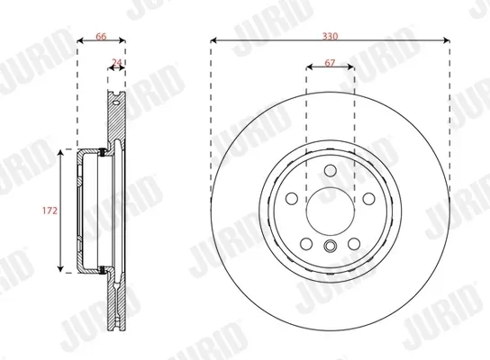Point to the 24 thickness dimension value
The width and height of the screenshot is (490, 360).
pos(115,62)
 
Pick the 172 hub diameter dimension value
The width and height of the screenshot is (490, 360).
pos(50,210)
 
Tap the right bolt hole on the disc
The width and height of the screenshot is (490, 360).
pos(368,200)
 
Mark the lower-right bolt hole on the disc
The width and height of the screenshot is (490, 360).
pos(353,244)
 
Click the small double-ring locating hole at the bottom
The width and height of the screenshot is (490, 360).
pos(330,247)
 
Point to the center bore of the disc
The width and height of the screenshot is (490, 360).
pos(330,211)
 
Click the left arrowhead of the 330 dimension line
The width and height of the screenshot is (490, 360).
pos(214,40)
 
